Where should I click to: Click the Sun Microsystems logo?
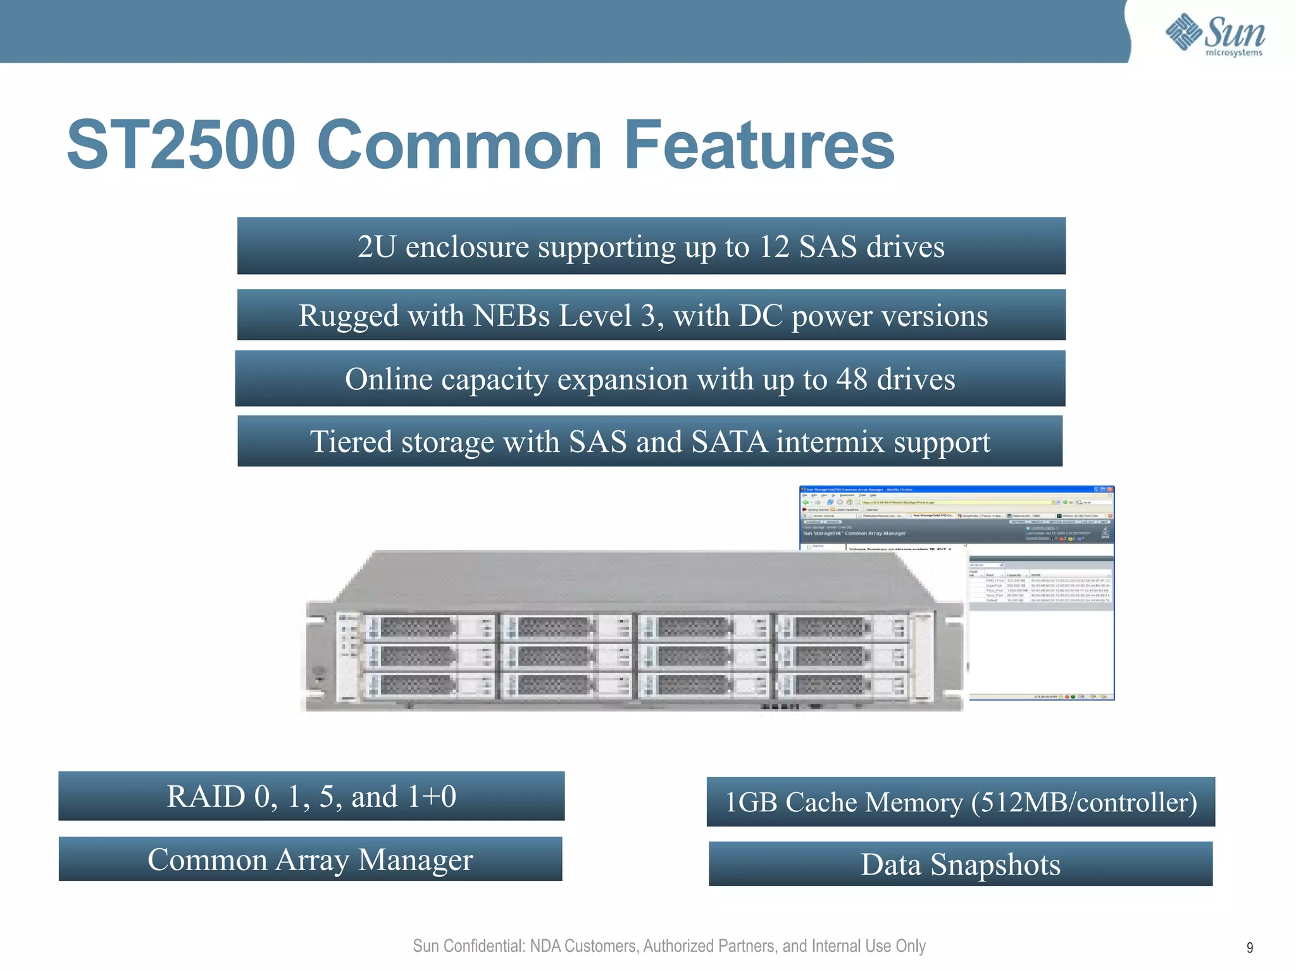(x=1214, y=35)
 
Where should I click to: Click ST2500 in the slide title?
(x=181, y=146)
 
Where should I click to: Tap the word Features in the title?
(x=759, y=146)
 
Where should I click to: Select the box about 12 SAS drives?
(x=651, y=246)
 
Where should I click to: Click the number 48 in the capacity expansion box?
(x=851, y=379)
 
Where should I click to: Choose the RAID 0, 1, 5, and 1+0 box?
(x=311, y=796)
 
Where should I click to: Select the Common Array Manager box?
(x=310, y=859)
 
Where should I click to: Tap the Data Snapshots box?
(x=960, y=864)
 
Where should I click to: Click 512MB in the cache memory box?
(x=1023, y=802)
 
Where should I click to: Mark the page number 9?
(x=1249, y=947)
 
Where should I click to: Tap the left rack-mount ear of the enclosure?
(x=320, y=658)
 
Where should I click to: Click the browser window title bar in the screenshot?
(x=956, y=489)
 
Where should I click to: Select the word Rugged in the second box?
(x=348, y=316)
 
